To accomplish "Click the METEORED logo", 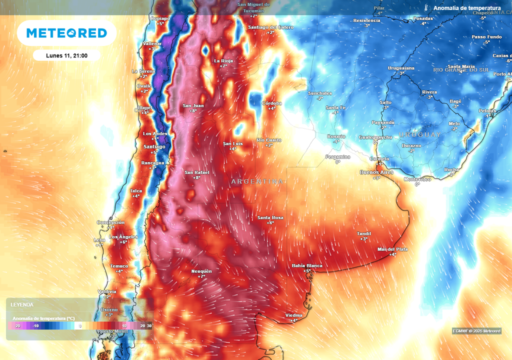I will (66, 33).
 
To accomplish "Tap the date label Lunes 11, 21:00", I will (66, 55).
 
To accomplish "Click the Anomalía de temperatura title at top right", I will (466, 8).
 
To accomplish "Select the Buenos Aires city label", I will (376, 172).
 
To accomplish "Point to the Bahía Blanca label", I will (307, 265).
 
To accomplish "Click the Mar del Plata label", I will (393, 249).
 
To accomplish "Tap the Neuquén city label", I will (201, 271).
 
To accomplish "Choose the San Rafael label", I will (196, 172).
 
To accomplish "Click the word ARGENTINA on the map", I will (257, 181).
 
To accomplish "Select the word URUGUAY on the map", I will (419, 135).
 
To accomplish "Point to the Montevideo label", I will (417, 179).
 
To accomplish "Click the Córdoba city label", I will (272, 103).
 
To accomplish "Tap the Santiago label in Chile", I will (154, 146).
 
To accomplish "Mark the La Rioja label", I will (223, 61).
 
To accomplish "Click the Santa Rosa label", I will (270, 217).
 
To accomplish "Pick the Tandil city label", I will (363, 234).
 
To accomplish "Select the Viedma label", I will (293, 315).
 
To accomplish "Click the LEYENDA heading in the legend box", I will (22, 304).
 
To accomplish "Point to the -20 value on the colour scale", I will (17, 325).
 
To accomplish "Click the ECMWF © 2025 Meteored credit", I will (476, 331).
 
